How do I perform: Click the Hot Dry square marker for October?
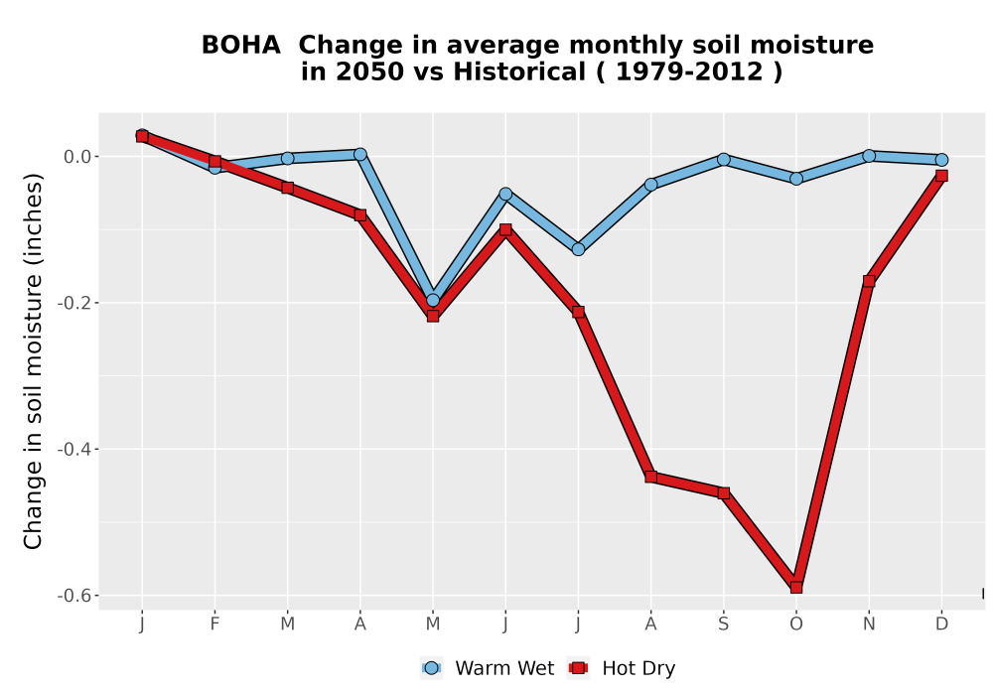[796, 588]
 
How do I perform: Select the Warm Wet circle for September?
[723, 159]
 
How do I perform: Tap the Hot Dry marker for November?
[869, 281]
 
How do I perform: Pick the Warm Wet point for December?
[941, 160]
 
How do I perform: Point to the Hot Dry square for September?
[723, 492]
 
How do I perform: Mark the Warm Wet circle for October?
[796, 179]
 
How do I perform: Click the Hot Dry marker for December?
[941, 176]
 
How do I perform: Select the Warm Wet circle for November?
[869, 156]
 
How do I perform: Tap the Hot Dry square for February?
[214, 162]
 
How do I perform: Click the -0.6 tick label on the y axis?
[74, 596]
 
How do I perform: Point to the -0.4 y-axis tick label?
[74, 450]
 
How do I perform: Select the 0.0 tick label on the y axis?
[77, 156]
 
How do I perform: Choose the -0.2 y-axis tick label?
[74, 303]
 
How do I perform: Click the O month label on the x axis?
[796, 625]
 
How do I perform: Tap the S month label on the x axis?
[723, 625]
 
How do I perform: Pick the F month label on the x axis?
[214, 625]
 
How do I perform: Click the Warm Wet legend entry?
[487, 668]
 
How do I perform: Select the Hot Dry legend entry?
[622, 668]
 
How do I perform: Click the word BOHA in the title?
[240, 45]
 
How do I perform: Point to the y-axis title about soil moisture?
[33, 360]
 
